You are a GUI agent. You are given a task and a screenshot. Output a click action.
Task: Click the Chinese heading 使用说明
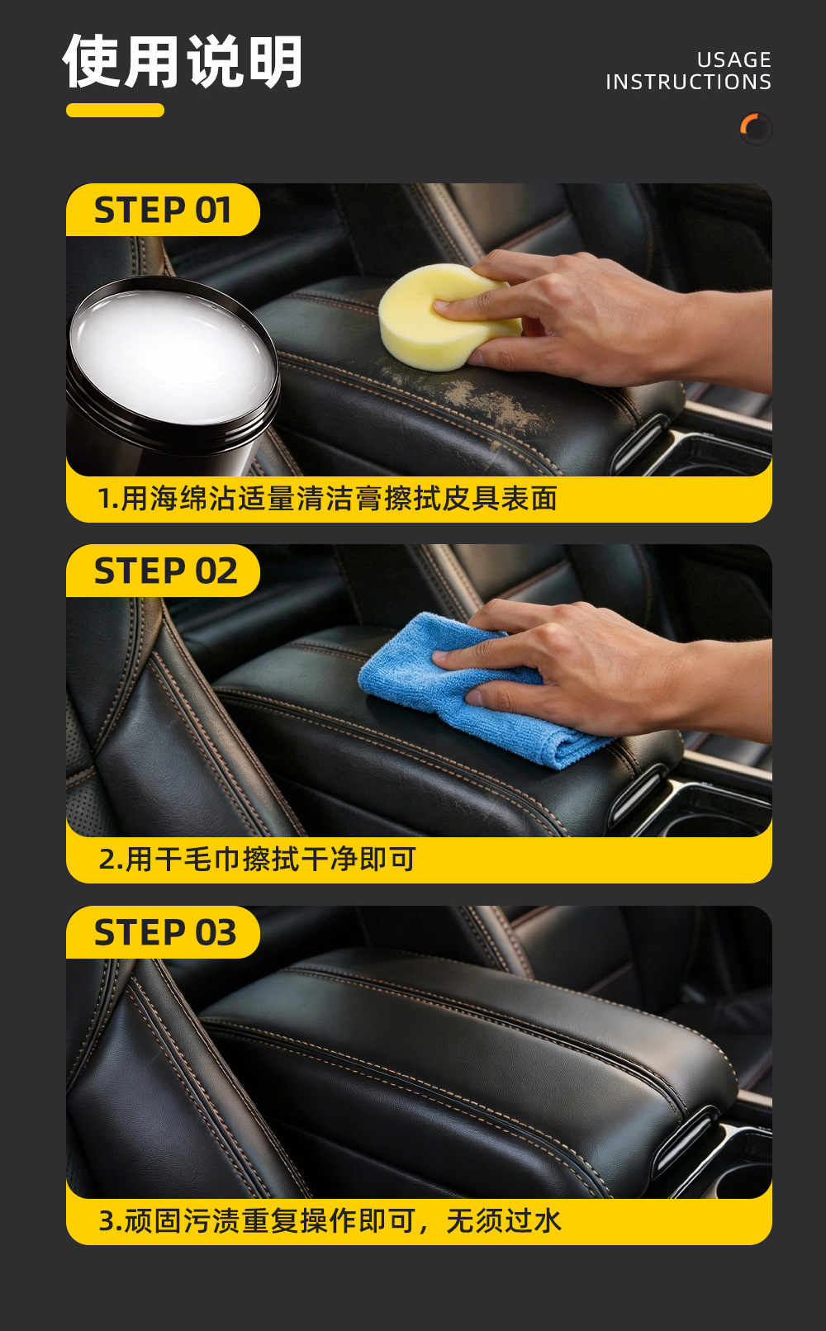[x=183, y=61]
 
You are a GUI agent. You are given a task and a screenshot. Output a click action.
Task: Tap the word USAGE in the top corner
[x=733, y=60]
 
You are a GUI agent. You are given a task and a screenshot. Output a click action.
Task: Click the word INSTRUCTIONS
[x=688, y=82]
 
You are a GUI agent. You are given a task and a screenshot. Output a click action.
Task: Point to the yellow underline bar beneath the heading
[x=116, y=111]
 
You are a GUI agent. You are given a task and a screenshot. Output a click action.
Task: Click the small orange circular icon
[x=755, y=128]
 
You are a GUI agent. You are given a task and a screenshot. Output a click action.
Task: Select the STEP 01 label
[x=162, y=211]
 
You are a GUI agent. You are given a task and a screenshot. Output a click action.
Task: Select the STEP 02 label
[x=165, y=571]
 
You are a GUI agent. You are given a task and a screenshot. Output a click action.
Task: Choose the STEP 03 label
[x=165, y=932]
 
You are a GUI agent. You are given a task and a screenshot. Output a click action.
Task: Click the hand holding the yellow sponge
[x=601, y=321]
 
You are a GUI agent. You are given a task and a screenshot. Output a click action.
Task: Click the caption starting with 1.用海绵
[x=327, y=498]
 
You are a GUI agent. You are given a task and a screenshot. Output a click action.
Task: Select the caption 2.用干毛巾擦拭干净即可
[x=257, y=860]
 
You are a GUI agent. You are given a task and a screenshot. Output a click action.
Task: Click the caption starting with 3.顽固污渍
[x=330, y=1220]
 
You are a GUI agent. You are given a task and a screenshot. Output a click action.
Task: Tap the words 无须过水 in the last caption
[x=504, y=1220]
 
